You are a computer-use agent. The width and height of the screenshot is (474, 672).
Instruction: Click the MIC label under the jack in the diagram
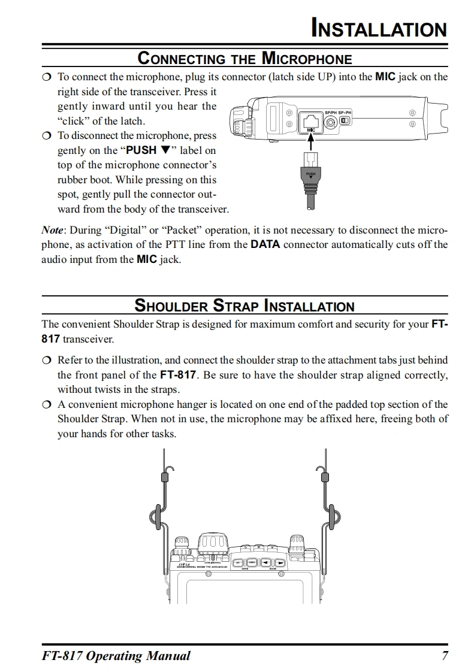(x=311, y=130)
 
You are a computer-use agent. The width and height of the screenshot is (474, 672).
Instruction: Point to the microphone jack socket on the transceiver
(x=311, y=119)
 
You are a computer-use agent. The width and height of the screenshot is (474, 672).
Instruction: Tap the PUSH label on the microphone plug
(x=310, y=174)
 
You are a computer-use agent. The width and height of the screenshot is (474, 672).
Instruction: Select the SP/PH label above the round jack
(x=330, y=113)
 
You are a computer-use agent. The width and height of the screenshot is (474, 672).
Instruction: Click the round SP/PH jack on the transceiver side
(x=330, y=122)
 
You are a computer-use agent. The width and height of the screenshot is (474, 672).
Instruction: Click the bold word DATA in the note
(x=265, y=244)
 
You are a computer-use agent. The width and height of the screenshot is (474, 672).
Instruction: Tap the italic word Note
(x=52, y=230)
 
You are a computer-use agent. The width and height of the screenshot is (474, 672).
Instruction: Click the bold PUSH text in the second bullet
(x=141, y=150)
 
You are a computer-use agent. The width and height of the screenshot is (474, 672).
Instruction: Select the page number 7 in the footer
(x=445, y=655)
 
